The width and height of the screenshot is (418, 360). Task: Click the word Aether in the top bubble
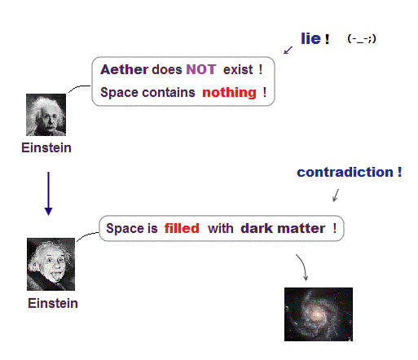125,69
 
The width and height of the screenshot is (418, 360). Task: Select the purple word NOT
201,69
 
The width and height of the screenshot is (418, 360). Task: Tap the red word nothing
229,93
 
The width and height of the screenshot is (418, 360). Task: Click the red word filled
182,228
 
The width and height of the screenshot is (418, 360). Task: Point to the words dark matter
283,228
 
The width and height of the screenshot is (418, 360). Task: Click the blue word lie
311,38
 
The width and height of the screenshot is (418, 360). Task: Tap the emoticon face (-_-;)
362,39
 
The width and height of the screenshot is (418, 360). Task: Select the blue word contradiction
345,172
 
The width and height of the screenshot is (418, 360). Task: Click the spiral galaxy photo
319,314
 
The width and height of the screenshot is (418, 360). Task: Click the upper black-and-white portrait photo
46,115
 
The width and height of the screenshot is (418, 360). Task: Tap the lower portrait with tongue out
51,264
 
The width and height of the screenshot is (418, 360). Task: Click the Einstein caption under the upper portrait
46,148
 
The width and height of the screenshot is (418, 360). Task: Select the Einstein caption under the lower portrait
53,303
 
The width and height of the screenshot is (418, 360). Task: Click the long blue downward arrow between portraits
49,194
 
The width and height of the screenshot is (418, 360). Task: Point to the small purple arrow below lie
288,50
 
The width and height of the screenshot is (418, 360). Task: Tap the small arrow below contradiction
336,195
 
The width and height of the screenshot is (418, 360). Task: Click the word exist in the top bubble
238,70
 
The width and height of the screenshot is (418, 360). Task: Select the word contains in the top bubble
169,93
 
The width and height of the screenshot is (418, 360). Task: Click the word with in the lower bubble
221,228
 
